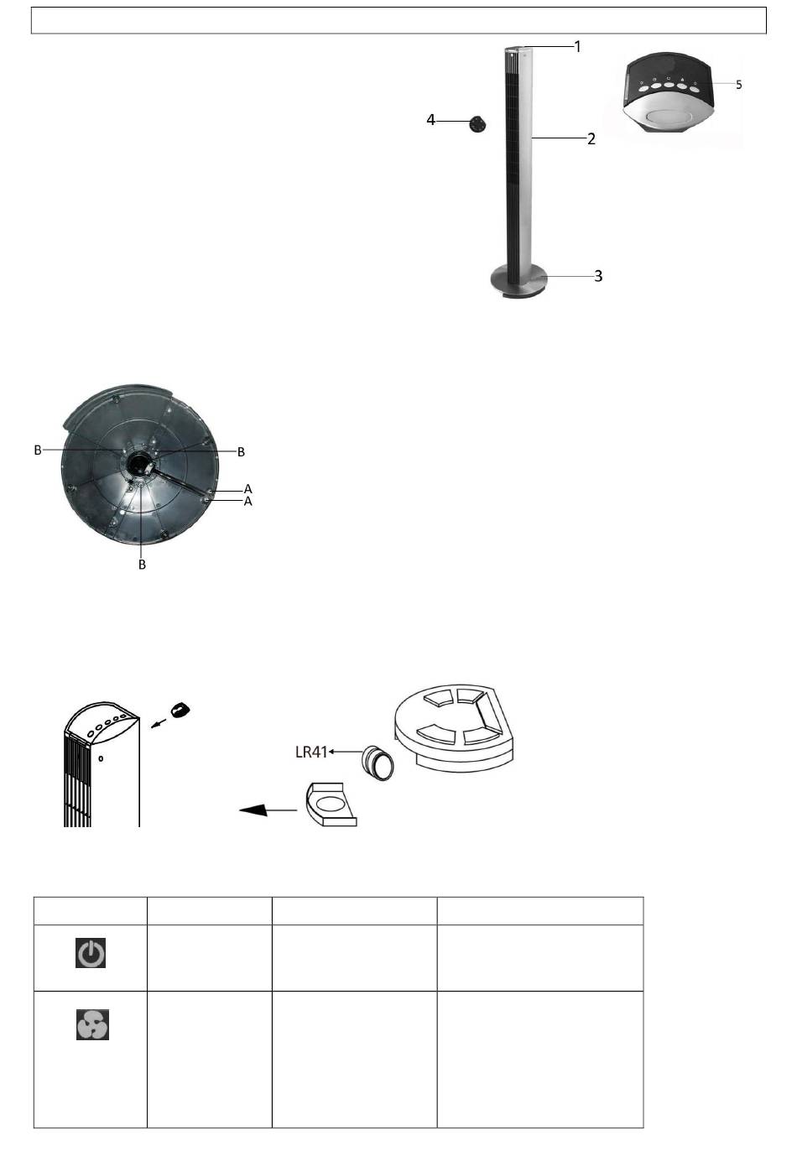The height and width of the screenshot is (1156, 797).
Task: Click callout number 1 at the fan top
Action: (x=577, y=46)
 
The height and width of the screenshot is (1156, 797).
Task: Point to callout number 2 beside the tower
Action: (x=591, y=138)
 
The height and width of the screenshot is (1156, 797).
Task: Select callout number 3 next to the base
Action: (x=598, y=275)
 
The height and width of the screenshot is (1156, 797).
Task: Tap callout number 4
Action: (x=431, y=121)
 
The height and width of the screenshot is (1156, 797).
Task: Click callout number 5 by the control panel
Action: (x=738, y=85)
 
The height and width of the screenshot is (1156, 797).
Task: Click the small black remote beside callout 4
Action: (x=478, y=123)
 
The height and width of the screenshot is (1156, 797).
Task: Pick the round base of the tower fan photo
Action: (x=518, y=282)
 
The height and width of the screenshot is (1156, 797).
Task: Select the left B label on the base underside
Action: (x=38, y=450)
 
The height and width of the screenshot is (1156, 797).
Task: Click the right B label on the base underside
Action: (x=242, y=451)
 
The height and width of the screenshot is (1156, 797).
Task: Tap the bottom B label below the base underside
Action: (x=142, y=565)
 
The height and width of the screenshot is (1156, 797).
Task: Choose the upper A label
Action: (x=247, y=488)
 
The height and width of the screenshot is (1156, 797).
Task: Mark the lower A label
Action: (x=247, y=501)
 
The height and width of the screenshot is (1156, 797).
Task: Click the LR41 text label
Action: (x=311, y=752)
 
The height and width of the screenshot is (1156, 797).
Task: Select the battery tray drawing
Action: (x=331, y=805)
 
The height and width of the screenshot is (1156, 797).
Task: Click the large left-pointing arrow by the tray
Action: (x=268, y=810)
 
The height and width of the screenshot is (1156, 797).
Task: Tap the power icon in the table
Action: (x=91, y=954)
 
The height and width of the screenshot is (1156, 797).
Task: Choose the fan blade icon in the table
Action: (x=92, y=1025)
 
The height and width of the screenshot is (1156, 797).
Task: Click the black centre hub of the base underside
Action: (x=140, y=462)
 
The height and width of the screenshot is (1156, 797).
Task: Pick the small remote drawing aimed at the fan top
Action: (x=180, y=711)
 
